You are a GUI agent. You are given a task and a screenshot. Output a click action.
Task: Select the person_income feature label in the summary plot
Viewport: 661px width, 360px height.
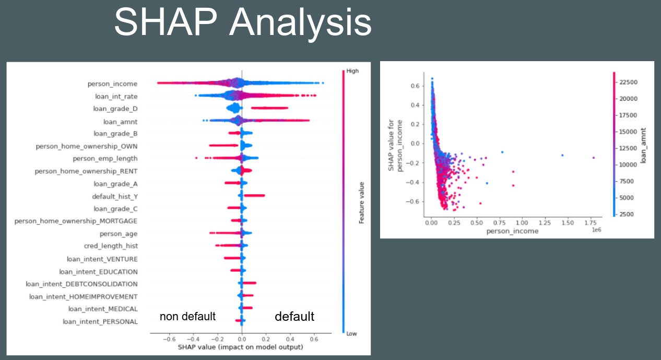tap(113, 84)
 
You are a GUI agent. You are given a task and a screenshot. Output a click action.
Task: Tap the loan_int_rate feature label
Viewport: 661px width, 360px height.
tap(115, 96)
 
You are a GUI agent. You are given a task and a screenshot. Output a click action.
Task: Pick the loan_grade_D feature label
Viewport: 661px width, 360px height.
tap(115, 109)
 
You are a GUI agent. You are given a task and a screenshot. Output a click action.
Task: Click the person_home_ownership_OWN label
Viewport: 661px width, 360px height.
tap(87, 146)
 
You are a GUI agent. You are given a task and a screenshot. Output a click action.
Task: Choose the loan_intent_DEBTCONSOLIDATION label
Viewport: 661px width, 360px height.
tap(82, 284)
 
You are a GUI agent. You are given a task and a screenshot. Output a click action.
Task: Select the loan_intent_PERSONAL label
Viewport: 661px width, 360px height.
tap(100, 322)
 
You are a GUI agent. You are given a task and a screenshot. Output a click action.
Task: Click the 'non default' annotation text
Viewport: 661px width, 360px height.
tap(187, 317)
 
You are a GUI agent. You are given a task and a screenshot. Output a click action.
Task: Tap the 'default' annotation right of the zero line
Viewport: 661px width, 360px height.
tap(294, 317)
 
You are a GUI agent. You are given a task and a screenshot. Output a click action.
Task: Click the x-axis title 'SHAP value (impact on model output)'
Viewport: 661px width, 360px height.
tap(240, 347)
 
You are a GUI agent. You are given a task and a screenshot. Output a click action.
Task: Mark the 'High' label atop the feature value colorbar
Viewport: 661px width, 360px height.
tap(352, 71)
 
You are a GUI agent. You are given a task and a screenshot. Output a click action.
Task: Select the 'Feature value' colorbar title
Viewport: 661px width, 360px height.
tap(362, 202)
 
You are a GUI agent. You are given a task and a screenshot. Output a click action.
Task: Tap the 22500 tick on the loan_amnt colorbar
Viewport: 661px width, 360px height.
tap(628, 82)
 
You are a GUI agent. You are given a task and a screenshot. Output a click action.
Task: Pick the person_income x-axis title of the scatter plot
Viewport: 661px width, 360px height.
tap(512, 230)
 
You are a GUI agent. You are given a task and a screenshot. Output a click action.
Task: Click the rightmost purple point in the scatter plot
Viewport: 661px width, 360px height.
tap(594, 157)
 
